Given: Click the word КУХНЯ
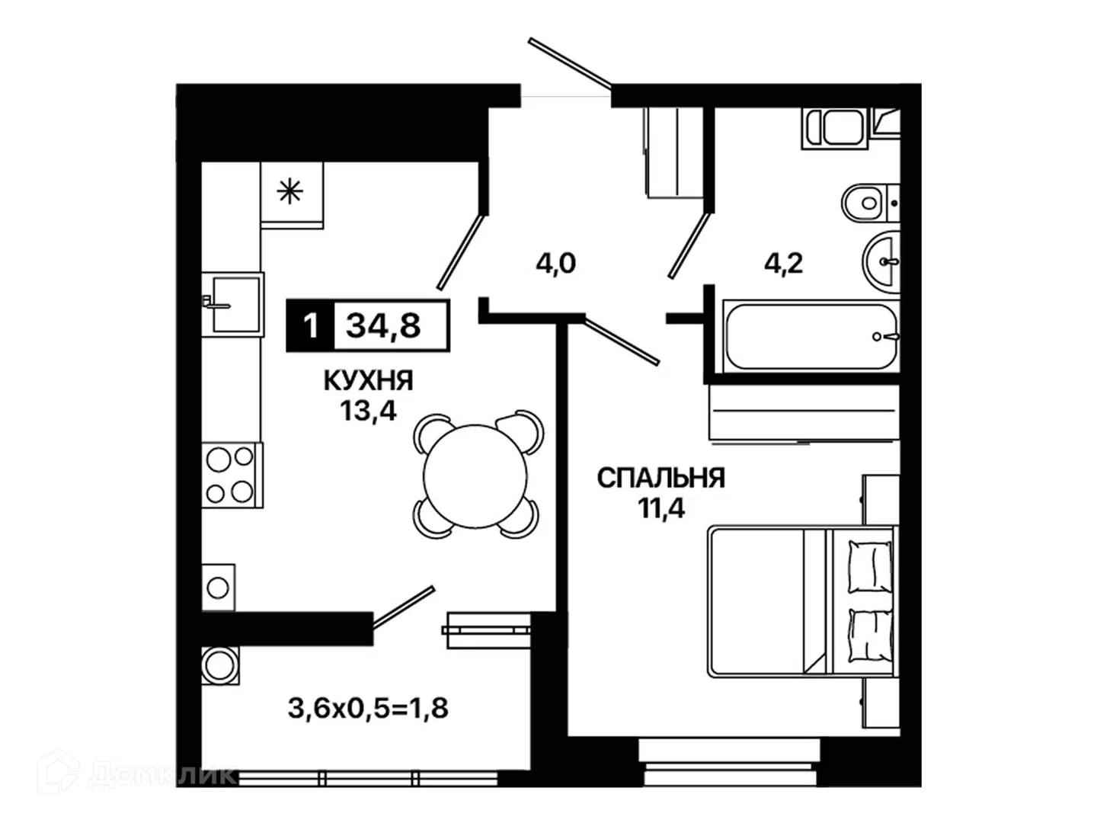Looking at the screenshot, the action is [368, 381].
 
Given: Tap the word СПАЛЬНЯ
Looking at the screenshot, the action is [660, 479].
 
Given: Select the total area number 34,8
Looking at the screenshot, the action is [383, 325].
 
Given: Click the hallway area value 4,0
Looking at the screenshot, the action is [556, 263].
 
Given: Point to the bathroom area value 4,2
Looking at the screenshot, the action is [783, 263].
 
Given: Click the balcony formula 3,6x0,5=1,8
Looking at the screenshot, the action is [368, 708].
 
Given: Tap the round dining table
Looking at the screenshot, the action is [475, 476].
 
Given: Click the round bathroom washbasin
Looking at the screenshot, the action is [881, 261].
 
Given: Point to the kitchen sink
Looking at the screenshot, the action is [233, 304].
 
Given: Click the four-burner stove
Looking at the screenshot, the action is [232, 475].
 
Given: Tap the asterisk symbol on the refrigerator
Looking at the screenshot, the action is [290, 191].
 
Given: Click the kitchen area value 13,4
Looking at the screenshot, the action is [368, 411].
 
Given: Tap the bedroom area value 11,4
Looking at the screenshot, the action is [660, 508].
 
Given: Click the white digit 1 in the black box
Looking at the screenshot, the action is [310, 326].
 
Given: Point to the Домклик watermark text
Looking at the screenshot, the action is [162, 774].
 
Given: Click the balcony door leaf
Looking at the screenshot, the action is [404, 607].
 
